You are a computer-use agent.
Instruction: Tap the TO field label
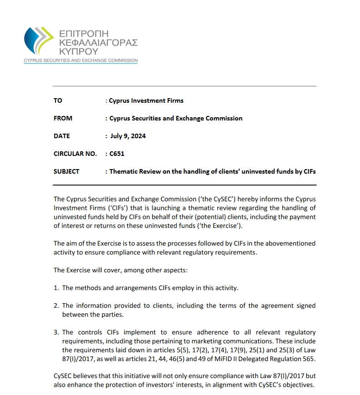(x=58, y=100)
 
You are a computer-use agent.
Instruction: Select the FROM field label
(x=63, y=118)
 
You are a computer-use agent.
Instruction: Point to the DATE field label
(x=62, y=136)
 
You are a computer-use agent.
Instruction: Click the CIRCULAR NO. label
(x=75, y=154)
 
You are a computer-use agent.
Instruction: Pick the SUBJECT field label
(x=66, y=171)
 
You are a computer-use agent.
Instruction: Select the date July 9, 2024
(x=128, y=136)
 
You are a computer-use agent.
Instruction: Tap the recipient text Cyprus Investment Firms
(x=146, y=100)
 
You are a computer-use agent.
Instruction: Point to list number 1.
(x=56, y=288)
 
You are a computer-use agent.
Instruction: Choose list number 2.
(x=56, y=306)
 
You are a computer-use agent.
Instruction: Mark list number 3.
(x=56, y=333)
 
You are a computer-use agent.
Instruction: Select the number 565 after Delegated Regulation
(x=309, y=359)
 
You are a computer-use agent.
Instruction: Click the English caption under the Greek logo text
(x=81, y=60)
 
